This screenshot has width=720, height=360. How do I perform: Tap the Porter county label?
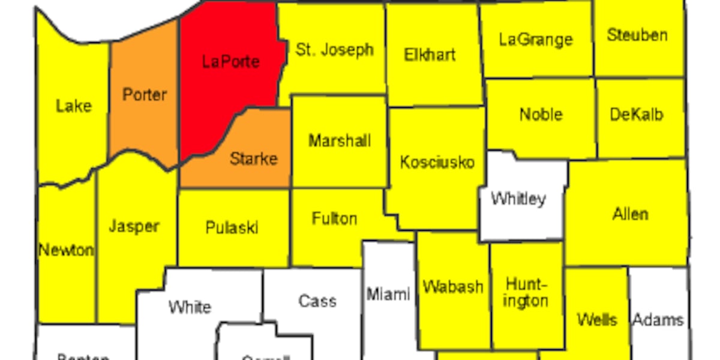point(144,95)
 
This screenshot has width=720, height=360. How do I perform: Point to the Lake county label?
point(74,106)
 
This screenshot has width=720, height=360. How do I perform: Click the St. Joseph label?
point(335,50)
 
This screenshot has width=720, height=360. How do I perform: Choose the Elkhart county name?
point(430,55)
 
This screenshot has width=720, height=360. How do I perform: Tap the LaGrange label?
point(536,40)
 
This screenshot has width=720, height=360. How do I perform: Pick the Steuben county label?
point(637,35)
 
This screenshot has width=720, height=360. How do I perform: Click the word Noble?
point(541,114)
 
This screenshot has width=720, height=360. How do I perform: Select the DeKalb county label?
point(636,114)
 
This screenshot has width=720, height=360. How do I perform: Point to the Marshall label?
point(340,141)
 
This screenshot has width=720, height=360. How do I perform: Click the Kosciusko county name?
point(437,162)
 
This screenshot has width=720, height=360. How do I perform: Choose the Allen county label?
point(630,214)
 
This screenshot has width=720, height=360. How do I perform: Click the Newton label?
point(66,250)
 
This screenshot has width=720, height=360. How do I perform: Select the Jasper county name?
point(134,226)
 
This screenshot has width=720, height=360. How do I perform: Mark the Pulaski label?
point(232,228)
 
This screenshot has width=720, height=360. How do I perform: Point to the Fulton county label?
point(334,218)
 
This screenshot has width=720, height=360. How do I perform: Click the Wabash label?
point(452,287)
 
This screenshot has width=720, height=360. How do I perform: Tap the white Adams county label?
point(658,320)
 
